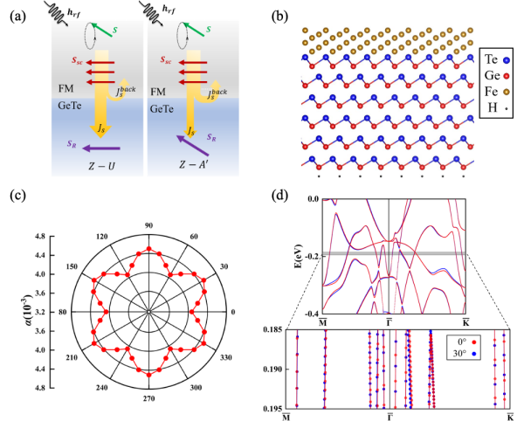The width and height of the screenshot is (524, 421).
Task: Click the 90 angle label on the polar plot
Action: [x=149, y=226]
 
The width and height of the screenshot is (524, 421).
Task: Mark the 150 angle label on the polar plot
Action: [x=74, y=267]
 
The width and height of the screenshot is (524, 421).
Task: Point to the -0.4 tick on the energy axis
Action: [x=311, y=313]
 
